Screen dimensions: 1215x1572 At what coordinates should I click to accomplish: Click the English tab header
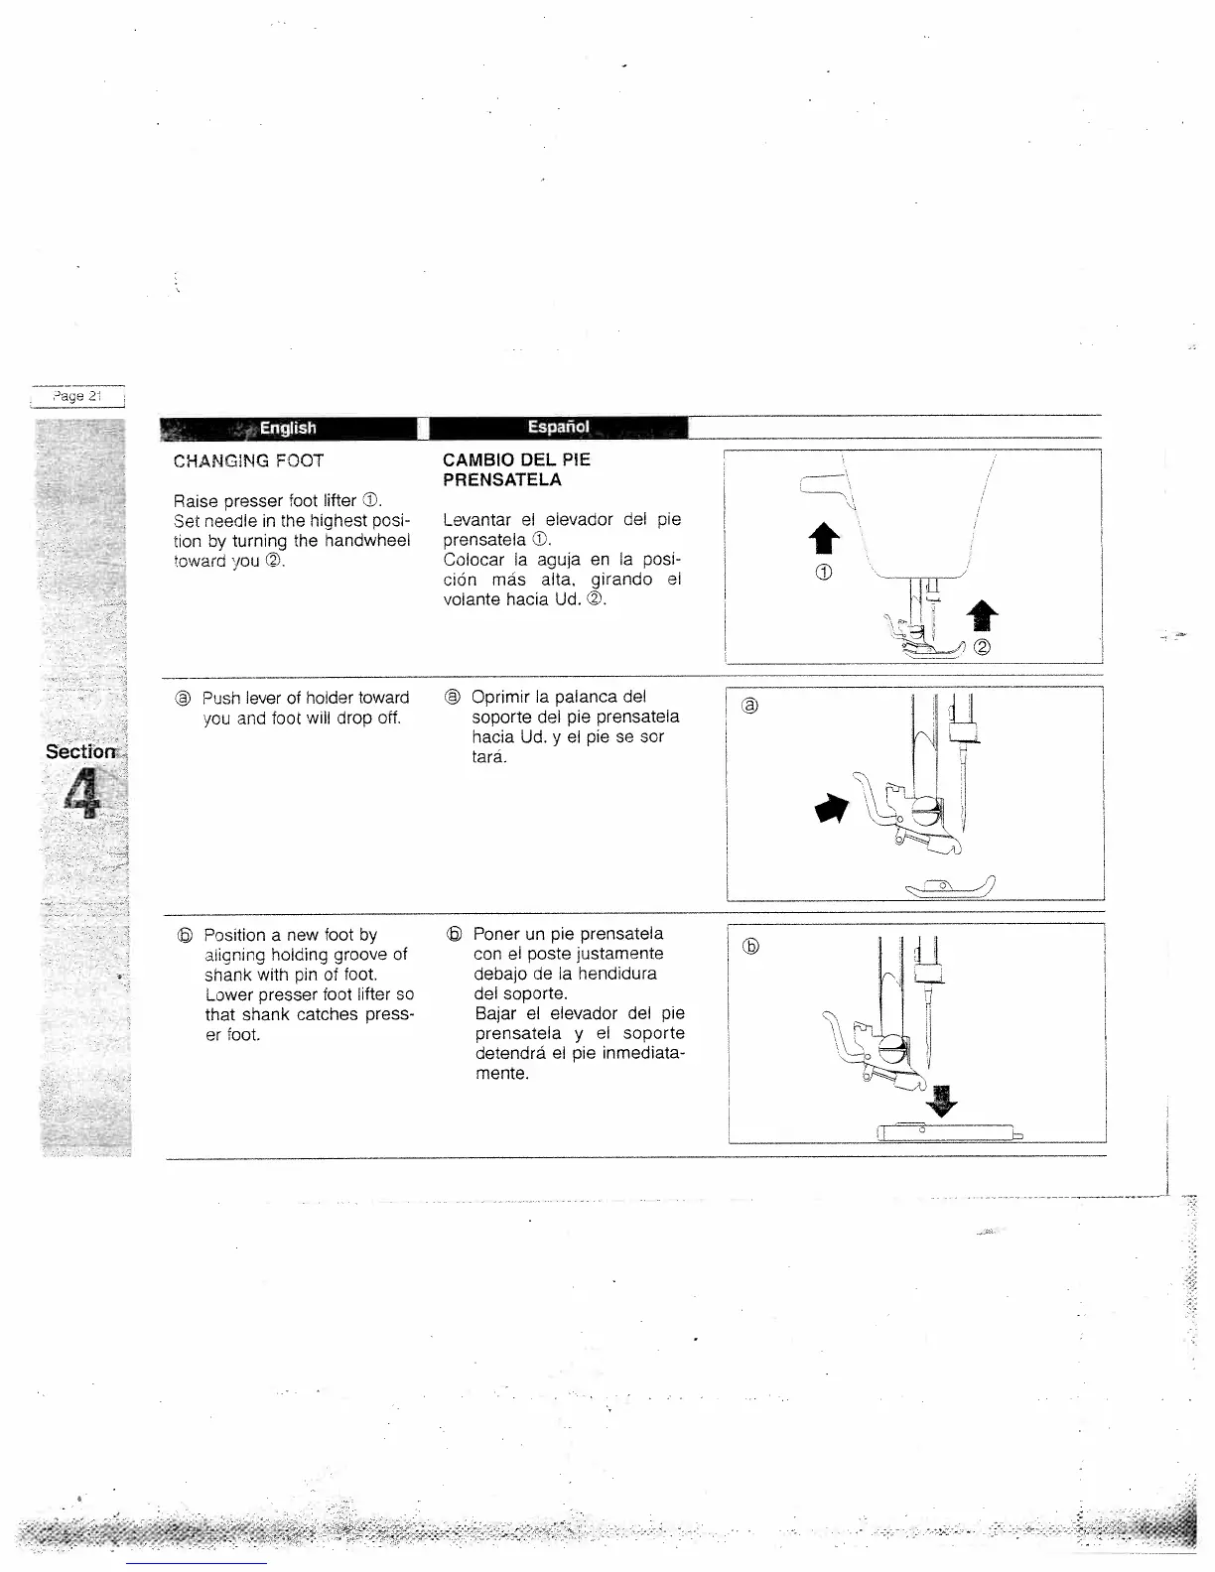(288, 428)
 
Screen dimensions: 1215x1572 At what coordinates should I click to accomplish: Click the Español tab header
(558, 428)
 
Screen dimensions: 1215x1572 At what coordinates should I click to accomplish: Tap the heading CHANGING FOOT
(248, 460)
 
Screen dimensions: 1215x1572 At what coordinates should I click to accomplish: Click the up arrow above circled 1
(825, 539)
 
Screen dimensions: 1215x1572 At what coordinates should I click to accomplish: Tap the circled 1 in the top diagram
(824, 572)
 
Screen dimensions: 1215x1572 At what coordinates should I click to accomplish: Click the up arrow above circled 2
(982, 616)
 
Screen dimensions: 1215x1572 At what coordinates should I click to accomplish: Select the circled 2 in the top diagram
(982, 649)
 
